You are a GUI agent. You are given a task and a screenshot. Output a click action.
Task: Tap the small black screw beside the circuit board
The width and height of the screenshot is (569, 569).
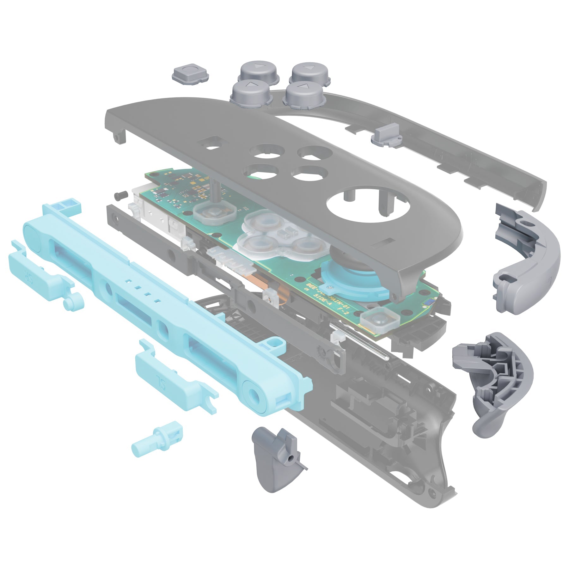pos(119,196)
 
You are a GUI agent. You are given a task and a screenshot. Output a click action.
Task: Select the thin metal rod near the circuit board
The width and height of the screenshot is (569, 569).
pos(360,341)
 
